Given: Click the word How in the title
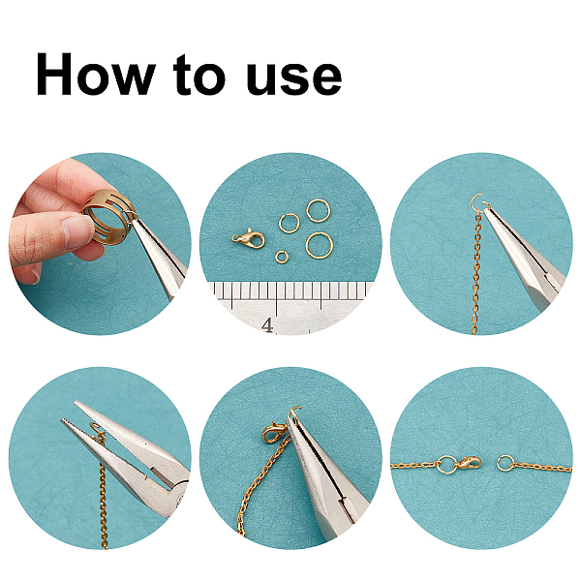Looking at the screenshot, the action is (x=95, y=75).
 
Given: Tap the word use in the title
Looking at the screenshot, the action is (x=293, y=77).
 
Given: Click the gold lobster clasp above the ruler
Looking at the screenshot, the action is (x=248, y=238).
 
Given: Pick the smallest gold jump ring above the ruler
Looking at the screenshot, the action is (x=282, y=256).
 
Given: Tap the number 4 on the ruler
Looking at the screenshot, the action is (x=267, y=325).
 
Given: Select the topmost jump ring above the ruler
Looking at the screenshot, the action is (x=318, y=210).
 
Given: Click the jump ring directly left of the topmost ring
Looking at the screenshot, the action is (x=289, y=224).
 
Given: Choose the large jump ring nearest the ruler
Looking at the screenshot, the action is (x=319, y=245).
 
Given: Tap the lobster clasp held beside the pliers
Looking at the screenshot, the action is (x=274, y=433).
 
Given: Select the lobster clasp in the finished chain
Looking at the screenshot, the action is (x=469, y=463).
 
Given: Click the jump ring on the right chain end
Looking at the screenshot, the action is (x=505, y=463).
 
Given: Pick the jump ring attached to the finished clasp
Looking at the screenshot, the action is (x=446, y=465).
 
